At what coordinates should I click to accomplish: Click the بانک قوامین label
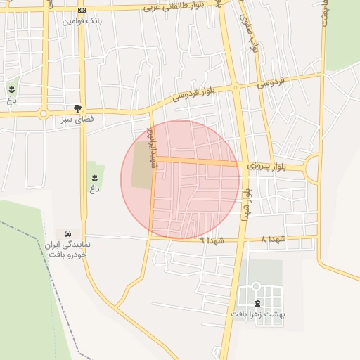(82, 21)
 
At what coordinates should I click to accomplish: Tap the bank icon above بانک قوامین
(82, 10)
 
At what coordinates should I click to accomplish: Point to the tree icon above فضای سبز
(77, 108)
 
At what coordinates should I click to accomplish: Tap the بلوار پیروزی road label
(267, 167)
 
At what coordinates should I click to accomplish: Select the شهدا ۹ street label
(211, 240)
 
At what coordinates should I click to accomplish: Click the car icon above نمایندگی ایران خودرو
(67, 233)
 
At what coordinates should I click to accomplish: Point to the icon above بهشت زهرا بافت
(256, 303)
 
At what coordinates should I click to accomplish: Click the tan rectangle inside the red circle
(141, 165)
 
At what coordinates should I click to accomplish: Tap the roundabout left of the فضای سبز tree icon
(44, 113)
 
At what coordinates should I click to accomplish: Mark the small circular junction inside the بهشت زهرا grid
(256, 286)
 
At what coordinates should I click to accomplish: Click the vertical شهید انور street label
(150, 147)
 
